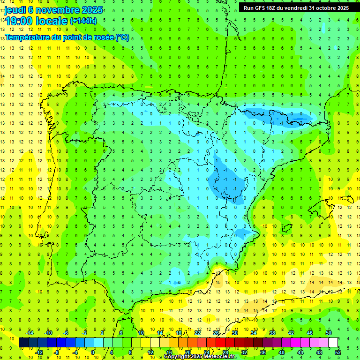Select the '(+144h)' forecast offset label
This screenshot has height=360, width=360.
pos(83,21)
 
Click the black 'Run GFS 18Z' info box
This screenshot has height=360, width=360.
pos(296,8)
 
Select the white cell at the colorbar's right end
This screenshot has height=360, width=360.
pos(333,343)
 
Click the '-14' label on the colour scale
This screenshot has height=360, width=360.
pos(29,332)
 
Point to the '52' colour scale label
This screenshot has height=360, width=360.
pos(338,352)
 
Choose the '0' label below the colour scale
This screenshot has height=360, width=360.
pos(94,352)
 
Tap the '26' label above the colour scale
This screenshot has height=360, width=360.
pos(216,332)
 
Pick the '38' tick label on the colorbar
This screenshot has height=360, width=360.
pos(272,332)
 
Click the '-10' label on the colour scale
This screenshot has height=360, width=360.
pos(48,332)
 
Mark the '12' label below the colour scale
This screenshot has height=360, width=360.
pos(150,352)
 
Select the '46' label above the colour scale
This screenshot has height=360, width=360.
pos(310,332)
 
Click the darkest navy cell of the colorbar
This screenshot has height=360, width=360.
pos(24,343)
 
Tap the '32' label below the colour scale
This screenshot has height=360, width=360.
pos(244,352)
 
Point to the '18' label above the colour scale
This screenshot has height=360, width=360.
pos(179,332)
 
